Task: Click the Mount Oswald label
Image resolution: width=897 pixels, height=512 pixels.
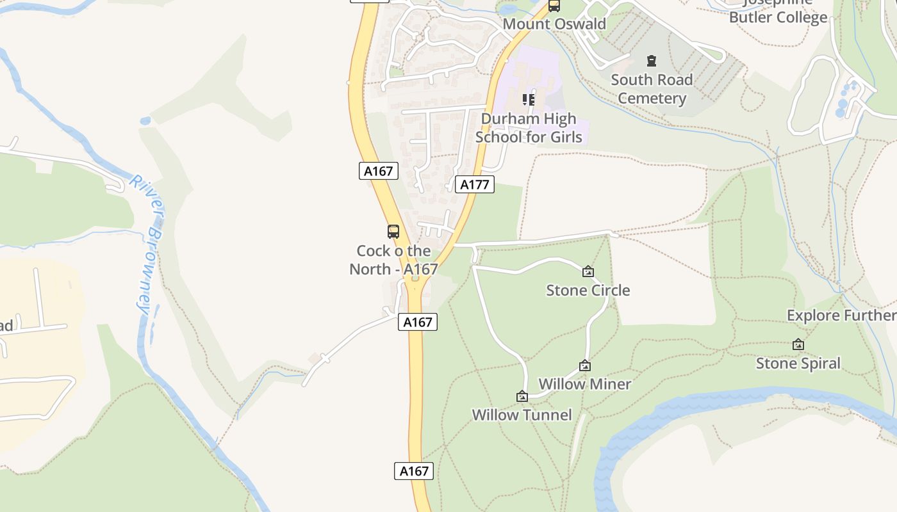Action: click(554, 24)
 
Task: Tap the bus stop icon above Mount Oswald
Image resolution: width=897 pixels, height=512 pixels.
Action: click(554, 6)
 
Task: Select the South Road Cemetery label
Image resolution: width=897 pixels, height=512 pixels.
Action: click(652, 89)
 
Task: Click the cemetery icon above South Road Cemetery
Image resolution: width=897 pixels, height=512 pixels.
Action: click(652, 61)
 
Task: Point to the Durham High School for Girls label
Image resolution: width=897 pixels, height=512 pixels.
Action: click(529, 127)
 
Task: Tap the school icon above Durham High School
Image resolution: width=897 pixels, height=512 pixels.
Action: click(529, 99)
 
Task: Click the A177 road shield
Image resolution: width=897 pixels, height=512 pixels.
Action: click(475, 185)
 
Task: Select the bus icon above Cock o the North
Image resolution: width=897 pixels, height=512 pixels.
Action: click(393, 232)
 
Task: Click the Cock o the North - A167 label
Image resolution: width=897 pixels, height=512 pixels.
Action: click(393, 260)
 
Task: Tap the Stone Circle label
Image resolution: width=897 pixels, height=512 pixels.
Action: click(588, 291)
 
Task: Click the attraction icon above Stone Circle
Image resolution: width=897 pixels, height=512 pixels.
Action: click(588, 271)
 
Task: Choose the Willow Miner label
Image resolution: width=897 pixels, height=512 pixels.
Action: click(584, 384)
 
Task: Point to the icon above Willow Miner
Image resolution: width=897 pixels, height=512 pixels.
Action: click(584, 365)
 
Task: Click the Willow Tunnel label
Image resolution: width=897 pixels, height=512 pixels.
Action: click(522, 415)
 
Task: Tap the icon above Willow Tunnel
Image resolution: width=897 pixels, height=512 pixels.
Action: click(522, 396)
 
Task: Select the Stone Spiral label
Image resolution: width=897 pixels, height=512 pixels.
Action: click(798, 364)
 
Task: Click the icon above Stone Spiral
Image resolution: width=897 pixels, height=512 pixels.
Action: click(798, 344)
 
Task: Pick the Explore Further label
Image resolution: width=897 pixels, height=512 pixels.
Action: click(841, 316)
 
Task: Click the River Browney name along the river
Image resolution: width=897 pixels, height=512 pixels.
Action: click(149, 243)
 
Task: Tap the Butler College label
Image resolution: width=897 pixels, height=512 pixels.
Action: click(778, 17)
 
